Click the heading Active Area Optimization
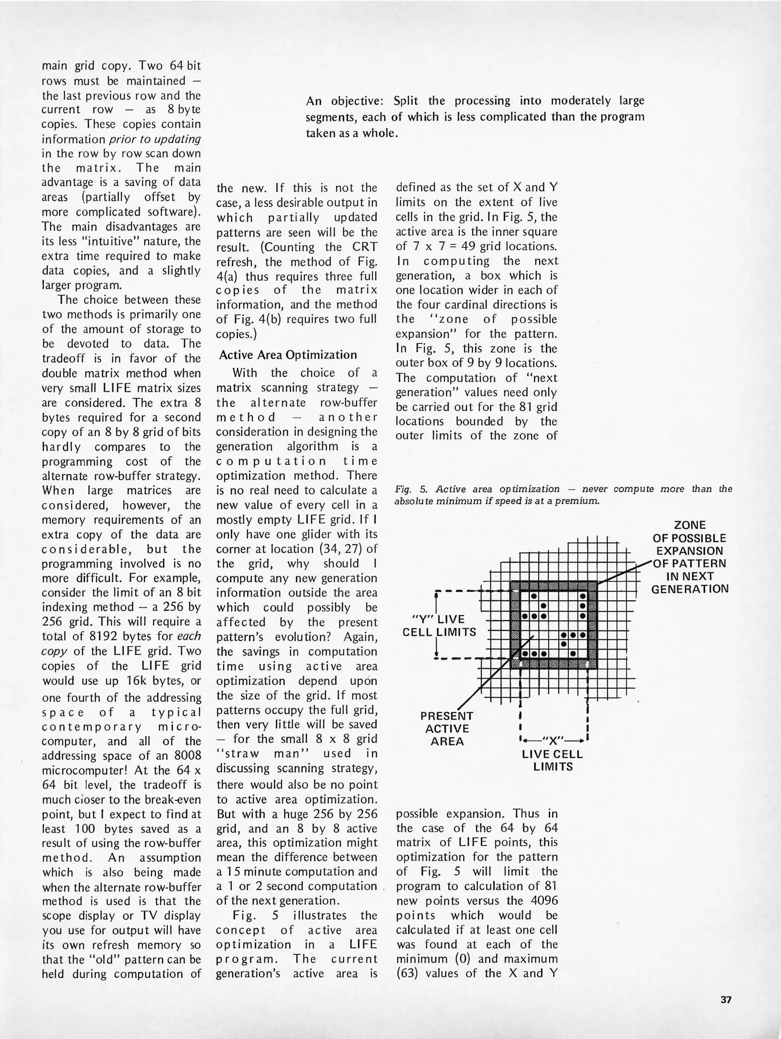coord(288,355)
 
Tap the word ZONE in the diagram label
coord(690,525)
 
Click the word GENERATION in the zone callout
coord(690,589)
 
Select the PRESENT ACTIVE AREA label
coord(447,729)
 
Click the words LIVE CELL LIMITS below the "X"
coord(553,760)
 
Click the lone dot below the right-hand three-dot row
coord(563,644)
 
